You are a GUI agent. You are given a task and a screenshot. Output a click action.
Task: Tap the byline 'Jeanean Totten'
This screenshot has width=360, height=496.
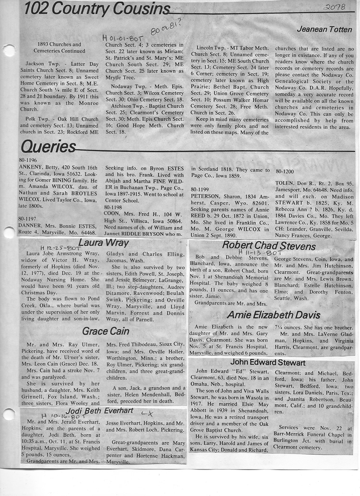click(324, 29)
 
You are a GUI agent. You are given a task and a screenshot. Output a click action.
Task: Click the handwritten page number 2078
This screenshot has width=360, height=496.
click(335, 7)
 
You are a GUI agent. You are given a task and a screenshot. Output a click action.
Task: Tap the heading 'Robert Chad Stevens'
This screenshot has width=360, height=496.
click(269, 246)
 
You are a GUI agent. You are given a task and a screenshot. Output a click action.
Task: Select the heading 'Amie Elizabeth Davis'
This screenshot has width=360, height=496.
click(274, 315)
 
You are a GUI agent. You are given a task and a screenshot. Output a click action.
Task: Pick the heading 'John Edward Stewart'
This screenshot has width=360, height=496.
click(268, 362)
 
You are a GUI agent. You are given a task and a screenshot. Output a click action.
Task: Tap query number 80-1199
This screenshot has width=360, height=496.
click(202, 190)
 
